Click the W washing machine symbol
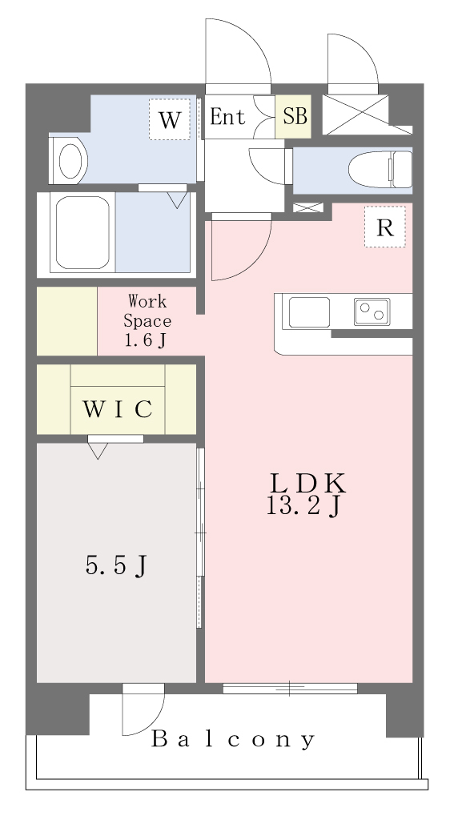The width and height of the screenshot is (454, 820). (170, 119)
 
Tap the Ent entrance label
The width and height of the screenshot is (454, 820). (227, 117)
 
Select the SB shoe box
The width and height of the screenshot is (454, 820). (293, 117)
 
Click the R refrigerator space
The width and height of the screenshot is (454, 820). (385, 227)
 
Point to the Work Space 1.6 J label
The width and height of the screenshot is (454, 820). (147, 320)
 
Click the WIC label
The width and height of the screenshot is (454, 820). (118, 409)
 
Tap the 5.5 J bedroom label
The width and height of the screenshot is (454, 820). (115, 565)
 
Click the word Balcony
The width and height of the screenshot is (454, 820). (233, 740)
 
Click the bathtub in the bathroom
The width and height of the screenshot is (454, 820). (82, 232)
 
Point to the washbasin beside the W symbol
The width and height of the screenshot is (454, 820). (69, 160)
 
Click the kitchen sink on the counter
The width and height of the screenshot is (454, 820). (309, 312)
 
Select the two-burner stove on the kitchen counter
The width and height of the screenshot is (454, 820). (372, 312)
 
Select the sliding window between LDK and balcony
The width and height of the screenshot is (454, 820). (291, 689)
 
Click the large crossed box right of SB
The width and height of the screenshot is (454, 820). (356, 115)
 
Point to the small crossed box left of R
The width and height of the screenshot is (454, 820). (308, 207)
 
